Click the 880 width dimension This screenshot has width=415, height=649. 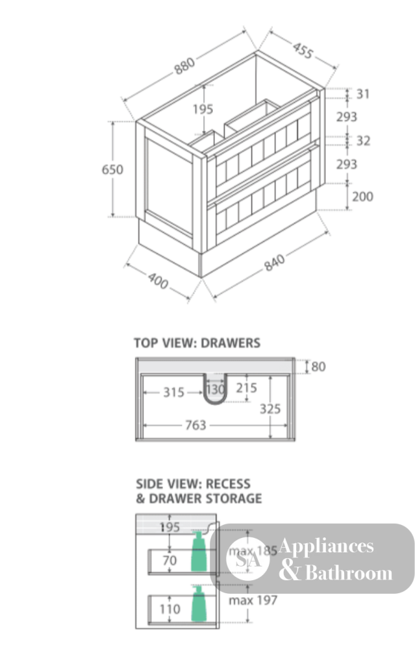[x=184, y=66]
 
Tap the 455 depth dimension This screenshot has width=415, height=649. [x=303, y=50]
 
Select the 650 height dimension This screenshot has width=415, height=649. [x=112, y=169]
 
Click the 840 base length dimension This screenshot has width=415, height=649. [x=275, y=263]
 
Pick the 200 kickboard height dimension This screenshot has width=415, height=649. [x=362, y=196]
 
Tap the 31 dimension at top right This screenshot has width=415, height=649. [x=363, y=94]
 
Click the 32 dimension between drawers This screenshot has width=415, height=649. [x=363, y=141]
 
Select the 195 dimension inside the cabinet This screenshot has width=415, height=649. [x=203, y=109]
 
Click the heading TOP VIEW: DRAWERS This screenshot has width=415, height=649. [x=197, y=343]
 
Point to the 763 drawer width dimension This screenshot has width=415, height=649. [x=195, y=425]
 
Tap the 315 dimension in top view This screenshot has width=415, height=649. [x=173, y=392]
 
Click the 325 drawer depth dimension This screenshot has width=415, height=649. [x=270, y=409]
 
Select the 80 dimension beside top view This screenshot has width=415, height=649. [x=318, y=367]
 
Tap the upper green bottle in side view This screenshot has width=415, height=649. [x=199, y=551]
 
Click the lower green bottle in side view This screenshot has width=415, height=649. [x=199, y=604]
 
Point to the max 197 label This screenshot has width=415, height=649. [x=253, y=600]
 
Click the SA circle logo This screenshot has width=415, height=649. [x=247, y=559]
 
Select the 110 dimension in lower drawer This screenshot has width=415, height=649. [x=170, y=609]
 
